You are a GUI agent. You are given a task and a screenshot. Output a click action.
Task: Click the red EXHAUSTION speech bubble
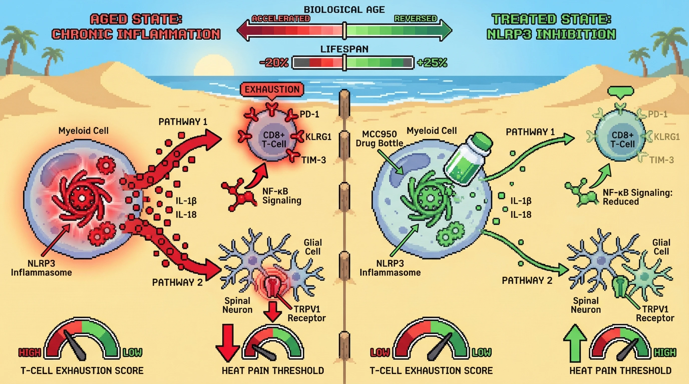[272, 90]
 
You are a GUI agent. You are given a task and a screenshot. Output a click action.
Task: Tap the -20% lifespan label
[274, 63]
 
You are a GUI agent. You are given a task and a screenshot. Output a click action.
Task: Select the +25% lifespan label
[432, 63]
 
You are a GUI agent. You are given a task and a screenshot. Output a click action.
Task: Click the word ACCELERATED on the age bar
[281, 19]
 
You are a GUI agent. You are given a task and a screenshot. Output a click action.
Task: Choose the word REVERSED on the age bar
[415, 19]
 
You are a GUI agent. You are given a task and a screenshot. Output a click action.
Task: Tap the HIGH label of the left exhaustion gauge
[30, 353]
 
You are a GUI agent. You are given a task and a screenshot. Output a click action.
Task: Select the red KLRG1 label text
[318, 137]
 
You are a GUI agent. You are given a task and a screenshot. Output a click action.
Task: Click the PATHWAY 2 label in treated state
[527, 281]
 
